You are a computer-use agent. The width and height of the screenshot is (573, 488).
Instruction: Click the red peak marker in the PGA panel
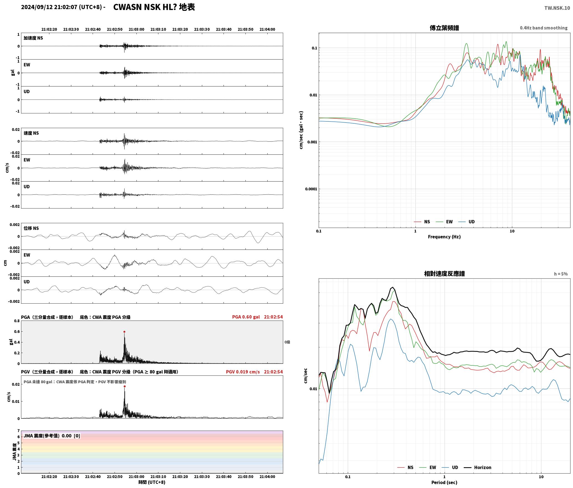click(x=124, y=332)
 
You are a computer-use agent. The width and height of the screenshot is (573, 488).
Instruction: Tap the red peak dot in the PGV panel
click(x=125, y=386)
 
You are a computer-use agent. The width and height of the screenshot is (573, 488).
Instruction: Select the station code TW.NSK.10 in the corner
click(x=557, y=8)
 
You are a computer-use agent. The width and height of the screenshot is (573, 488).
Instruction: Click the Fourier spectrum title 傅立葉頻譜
click(x=444, y=28)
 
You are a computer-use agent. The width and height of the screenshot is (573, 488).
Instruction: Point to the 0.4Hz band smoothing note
click(x=543, y=28)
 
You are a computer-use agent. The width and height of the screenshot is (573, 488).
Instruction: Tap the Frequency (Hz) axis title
click(x=444, y=237)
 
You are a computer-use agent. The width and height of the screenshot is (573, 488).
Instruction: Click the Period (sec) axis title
click(x=444, y=482)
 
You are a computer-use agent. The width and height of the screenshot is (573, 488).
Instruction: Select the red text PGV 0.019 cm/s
click(x=243, y=372)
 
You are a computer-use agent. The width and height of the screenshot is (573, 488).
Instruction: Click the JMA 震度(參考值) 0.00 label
click(x=47, y=436)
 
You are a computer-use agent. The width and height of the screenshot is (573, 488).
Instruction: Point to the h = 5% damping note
click(x=561, y=274)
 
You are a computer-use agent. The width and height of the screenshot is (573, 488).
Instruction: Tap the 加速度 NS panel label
click(x=33, y=38)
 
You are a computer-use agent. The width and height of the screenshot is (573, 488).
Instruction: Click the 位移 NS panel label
click(x=31, y=228)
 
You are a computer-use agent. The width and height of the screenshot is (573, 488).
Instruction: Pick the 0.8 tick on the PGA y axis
click(x=17, y=321)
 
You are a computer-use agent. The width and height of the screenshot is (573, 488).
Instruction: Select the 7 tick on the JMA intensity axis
click(x=19, y=431)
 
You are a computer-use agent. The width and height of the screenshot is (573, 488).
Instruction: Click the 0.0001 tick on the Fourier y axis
click(x=311, y=189)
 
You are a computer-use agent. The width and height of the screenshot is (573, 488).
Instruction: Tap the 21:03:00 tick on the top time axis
click(x=136, y=29)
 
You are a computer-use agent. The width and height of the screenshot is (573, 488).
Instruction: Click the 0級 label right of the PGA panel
click(x=287, y=342)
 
